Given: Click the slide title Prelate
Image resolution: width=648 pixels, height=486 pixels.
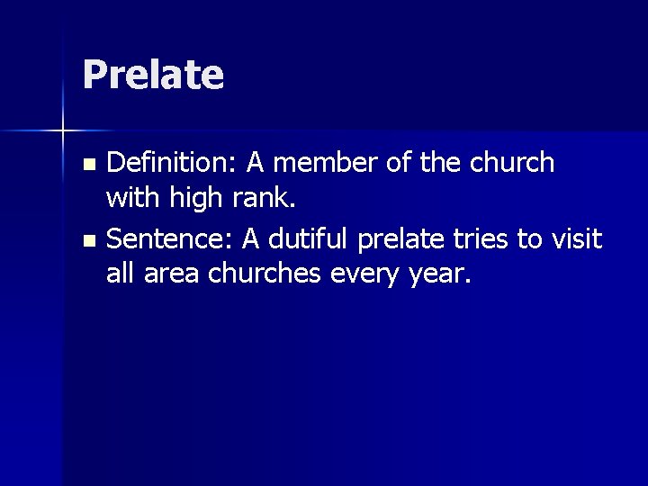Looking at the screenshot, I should [x=152, y=75].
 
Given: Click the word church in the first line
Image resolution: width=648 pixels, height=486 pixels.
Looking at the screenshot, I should [x=514, y=163].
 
